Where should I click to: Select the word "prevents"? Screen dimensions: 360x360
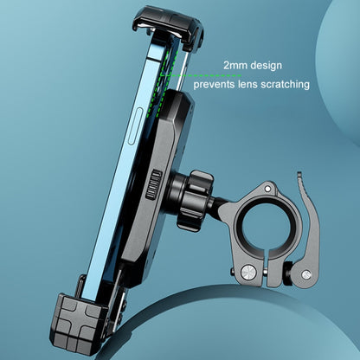[218, 85]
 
